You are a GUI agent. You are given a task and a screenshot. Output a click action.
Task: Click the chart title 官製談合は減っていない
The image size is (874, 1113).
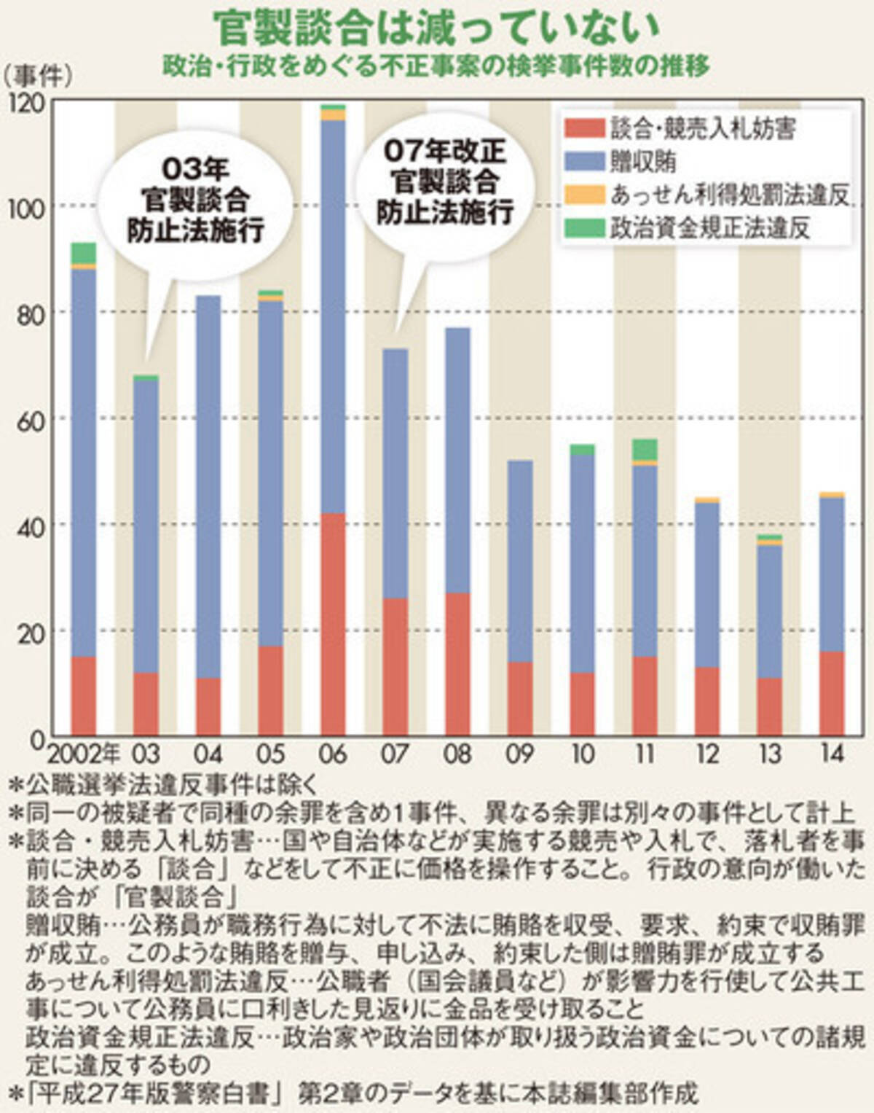(x=436, y=29)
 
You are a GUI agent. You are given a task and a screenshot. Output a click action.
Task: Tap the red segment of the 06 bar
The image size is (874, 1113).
(x=333, y=624)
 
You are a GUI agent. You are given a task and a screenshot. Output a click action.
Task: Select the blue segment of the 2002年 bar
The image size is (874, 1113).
(x=84, y=463)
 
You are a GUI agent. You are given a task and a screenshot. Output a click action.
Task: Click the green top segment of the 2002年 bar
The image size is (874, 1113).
(x=84, y=253)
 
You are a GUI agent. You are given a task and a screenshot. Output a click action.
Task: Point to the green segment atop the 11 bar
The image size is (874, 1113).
(x=645, y=450)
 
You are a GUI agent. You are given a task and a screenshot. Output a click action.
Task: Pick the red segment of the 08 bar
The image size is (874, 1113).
(x=458, y=664)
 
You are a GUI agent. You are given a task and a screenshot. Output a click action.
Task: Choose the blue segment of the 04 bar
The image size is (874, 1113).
(x=208, y=487)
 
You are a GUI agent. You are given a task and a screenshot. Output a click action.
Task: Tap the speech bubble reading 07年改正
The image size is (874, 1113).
(x=445, y=184)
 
